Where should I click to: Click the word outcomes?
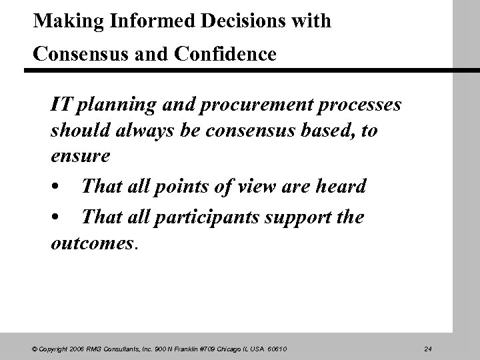coord(92,243)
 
